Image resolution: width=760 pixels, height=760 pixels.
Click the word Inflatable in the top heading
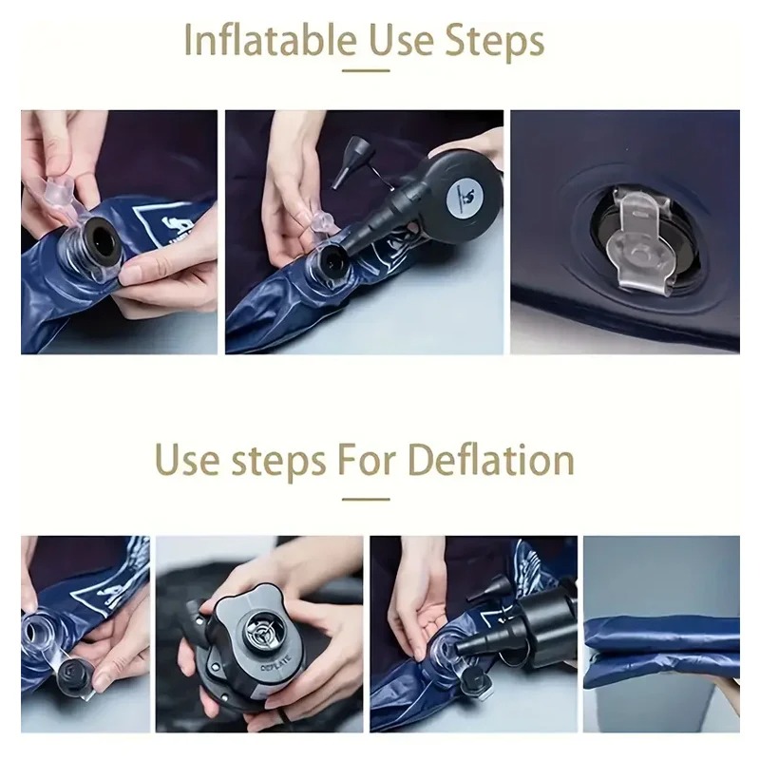271,40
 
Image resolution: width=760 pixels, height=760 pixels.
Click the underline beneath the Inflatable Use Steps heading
366,70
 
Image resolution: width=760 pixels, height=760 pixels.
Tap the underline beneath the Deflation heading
366,499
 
